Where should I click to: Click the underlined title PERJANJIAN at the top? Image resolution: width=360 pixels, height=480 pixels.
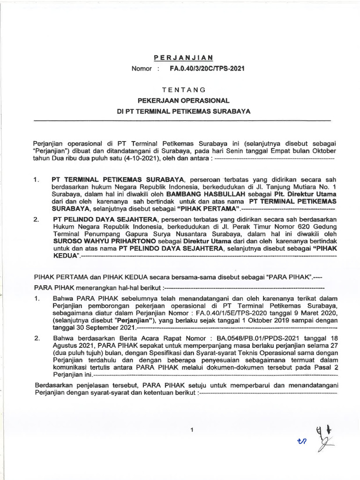(x=183, y=57)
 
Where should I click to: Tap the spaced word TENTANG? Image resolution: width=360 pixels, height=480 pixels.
(x=183, y=89)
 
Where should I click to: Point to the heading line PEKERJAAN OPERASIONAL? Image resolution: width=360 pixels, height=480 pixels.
(x=183, y=100)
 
